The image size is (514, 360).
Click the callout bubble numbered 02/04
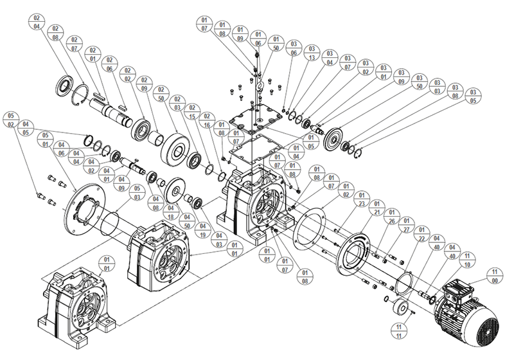pyautogui.click(x=36, y=21)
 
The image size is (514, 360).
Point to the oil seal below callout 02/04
pyautogui.click(x=65, y=84)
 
